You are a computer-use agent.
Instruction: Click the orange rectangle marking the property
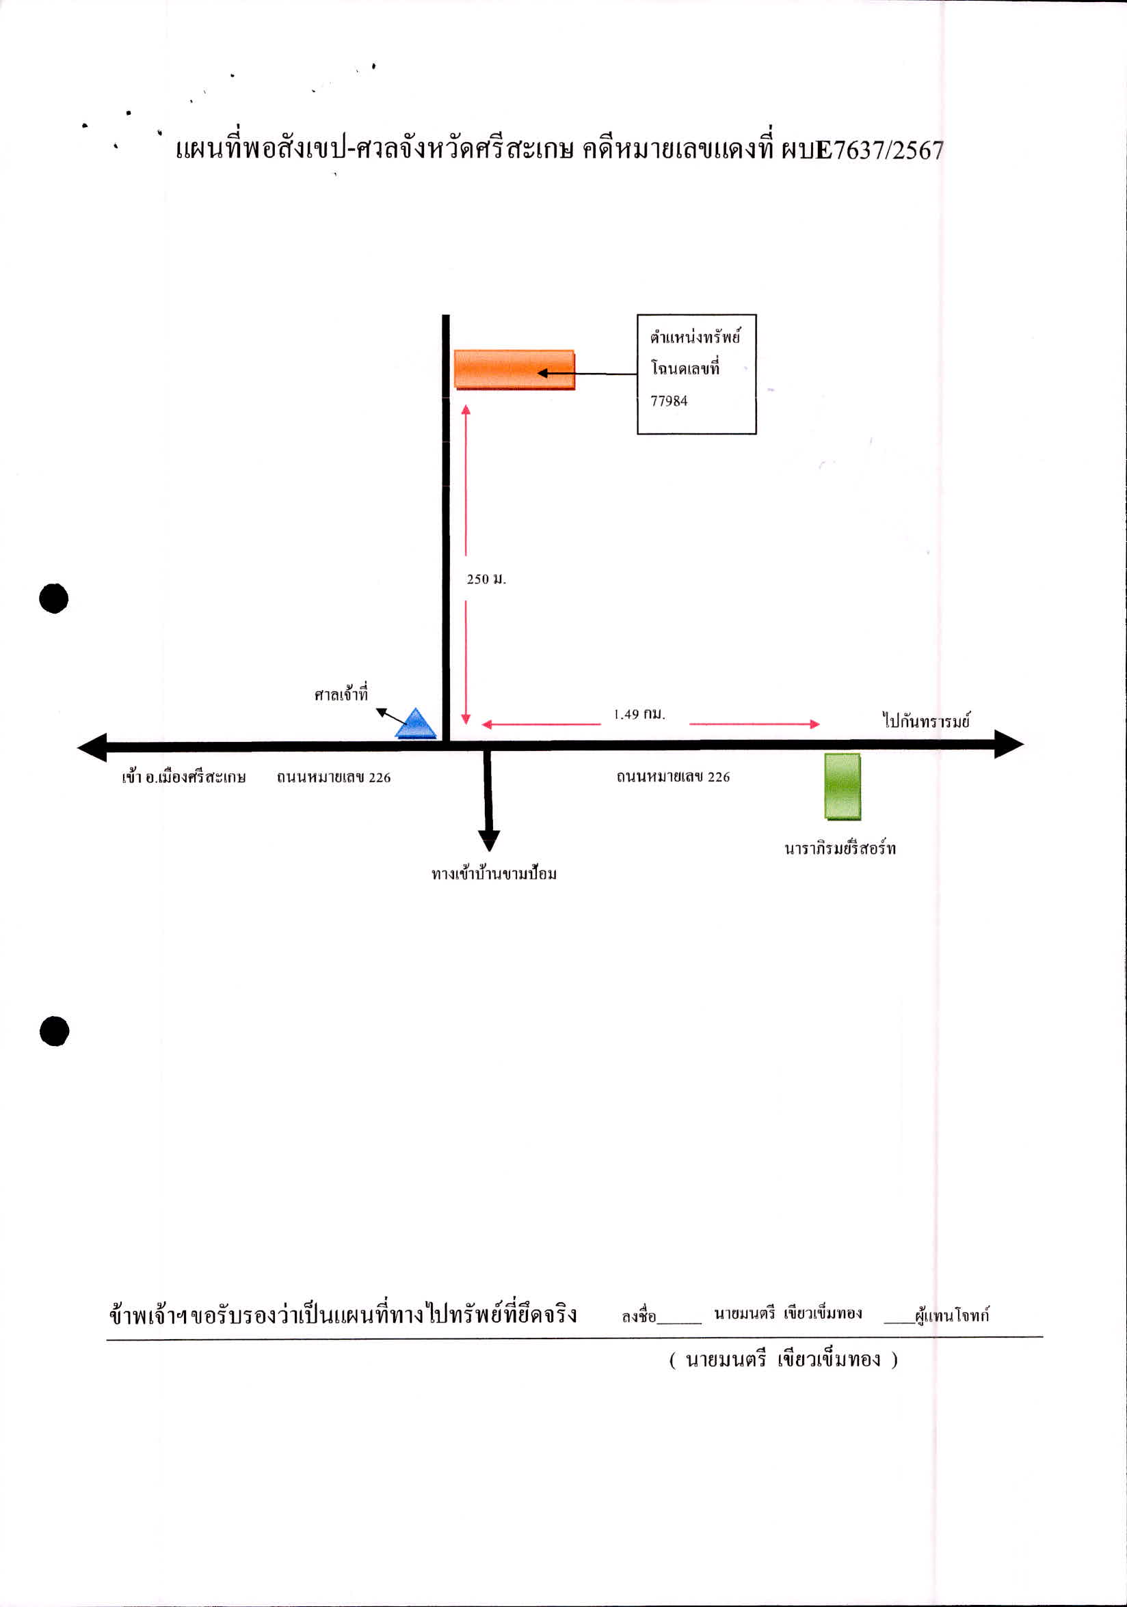point(514,369)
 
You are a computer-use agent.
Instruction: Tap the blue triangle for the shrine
point(415,724)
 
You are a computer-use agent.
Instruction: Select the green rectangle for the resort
point(842,786)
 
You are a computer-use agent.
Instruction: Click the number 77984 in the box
point(669,401)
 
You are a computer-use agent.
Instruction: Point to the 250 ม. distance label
point(486,579)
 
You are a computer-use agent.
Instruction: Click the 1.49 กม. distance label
point(639,714)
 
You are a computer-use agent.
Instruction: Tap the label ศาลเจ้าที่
point(341,693)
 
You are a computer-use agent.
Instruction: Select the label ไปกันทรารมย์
point(926,720)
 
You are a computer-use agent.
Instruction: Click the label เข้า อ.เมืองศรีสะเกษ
point(183,776)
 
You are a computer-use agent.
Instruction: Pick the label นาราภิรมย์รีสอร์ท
point(840,849)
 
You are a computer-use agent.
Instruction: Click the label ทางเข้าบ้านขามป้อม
point(494,873)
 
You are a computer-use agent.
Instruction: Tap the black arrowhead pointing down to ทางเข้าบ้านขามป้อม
point(489,840)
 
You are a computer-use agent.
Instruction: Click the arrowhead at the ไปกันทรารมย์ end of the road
point(1009,744)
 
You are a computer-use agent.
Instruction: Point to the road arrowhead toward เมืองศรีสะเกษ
point(92,747)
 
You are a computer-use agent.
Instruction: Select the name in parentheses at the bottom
point(783,1360)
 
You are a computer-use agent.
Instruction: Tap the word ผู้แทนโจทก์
point(952,1315)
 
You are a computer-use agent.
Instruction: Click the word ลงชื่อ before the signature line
point(639,1316)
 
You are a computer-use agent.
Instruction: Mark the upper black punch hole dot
point(54,599)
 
